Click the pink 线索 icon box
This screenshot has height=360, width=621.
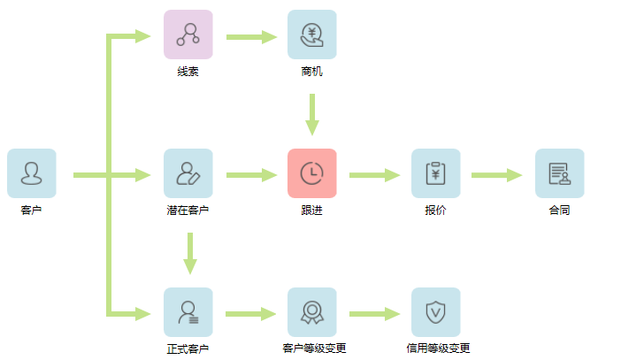coord(188,34)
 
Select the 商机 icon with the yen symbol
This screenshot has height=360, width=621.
coord(311,34)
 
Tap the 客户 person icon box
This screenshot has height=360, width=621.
coord(31,173)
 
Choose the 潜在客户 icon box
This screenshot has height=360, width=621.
coord(188,173)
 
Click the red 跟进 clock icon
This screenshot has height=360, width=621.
coord(311,173)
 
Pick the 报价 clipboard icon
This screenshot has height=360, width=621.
coord(435,173)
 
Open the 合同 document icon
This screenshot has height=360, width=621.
coord(559,173)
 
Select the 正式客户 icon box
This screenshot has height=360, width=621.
coord(188,312)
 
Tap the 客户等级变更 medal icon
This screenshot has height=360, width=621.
coord(311,312)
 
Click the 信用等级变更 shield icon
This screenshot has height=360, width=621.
coord(435,312)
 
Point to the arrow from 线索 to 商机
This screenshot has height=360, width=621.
coord(251,37)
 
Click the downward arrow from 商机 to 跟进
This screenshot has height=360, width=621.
coord(311,114)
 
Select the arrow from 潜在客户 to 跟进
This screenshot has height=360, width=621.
coord(251,175)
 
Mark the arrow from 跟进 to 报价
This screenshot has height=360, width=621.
coord(375,175)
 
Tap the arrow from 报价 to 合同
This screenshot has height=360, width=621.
coord(497,175)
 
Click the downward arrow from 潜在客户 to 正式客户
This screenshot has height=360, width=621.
coord(188,253)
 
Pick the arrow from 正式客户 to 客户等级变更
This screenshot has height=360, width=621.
coord(251,313)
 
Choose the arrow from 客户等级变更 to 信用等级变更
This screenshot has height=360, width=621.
coord(375,313)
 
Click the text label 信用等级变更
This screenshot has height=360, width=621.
coord(438,349)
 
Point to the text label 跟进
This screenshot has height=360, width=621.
coord(311,211)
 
